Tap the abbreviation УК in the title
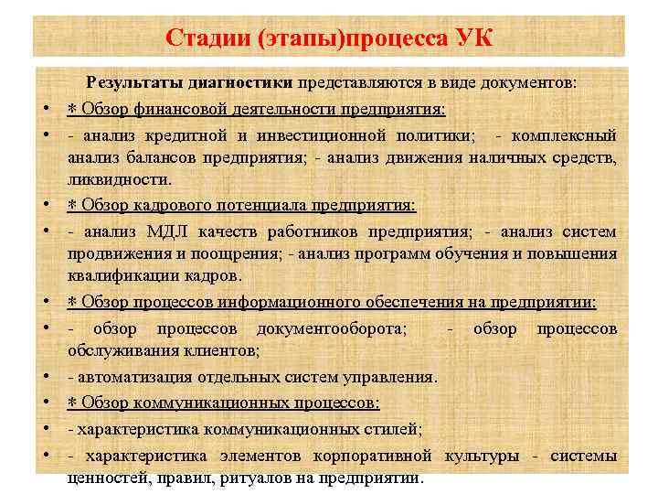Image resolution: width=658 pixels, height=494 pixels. point(473,38)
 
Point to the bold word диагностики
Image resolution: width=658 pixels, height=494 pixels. point(240,82)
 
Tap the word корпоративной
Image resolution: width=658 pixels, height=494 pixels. point(376,455)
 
